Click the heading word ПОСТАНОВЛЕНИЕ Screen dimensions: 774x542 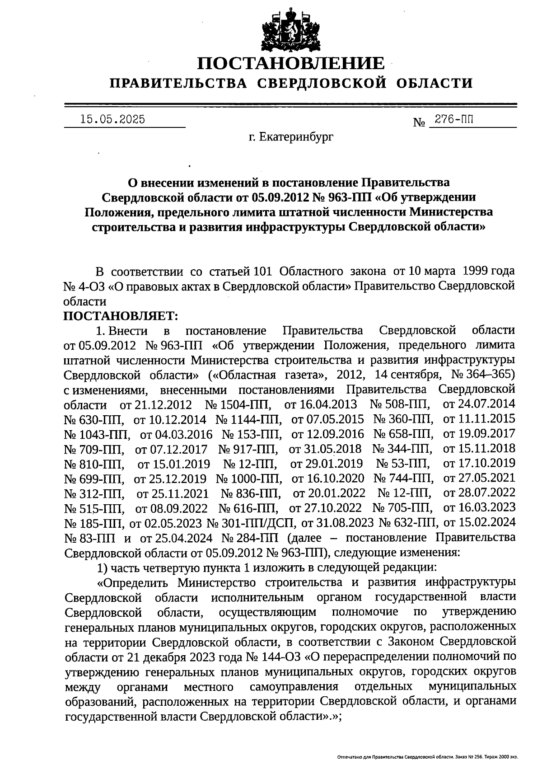coord(291,64)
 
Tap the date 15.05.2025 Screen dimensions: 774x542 coord(112,120)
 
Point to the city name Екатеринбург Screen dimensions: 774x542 coord(297,136)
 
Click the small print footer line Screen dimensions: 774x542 coord(427,756)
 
